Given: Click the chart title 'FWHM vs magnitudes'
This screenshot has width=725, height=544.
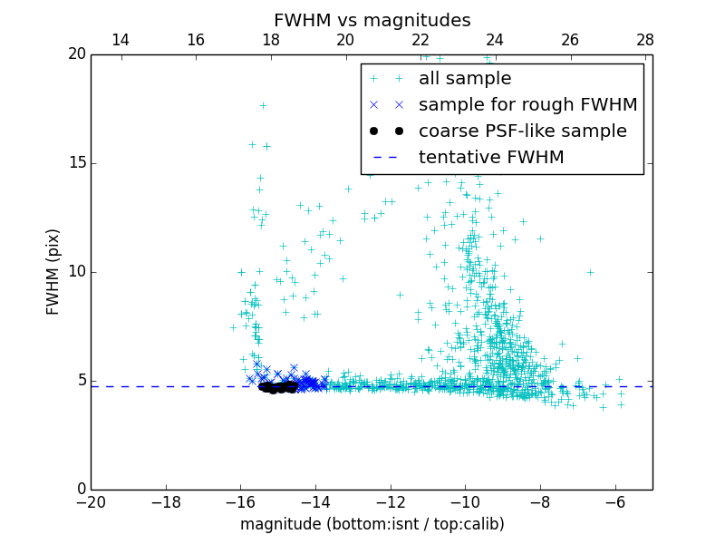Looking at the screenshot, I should [x=372, y=20].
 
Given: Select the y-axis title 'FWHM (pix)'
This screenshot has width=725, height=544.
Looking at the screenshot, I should [x=53, y=271].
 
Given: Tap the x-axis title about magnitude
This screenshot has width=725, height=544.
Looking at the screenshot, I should [x=372, y=524].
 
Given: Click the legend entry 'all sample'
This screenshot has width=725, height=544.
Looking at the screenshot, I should [x=465, y=79].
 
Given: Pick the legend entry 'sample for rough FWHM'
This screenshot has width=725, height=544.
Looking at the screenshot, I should [x=527, y=105].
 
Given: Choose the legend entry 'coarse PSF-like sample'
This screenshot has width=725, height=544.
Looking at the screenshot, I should [x=522, y=131].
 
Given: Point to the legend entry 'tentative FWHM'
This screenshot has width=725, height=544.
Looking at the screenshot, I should [x=491, y=158].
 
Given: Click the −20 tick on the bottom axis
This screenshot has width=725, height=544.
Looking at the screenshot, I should [x=92, y=501].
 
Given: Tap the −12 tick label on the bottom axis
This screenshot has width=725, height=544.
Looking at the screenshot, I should [x=391, y=501].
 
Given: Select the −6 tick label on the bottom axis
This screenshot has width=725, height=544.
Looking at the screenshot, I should [x=615, y=501].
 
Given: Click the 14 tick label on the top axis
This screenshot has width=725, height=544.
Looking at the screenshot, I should [x=120, y=40].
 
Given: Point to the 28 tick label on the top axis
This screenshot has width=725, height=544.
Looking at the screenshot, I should [x=645, y=40].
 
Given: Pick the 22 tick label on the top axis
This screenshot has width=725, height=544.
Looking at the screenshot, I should [x=420, y=40].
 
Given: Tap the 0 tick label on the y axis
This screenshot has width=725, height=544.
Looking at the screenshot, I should [x=80, y=490].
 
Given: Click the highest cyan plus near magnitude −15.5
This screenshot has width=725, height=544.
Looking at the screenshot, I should [x=263, y=105].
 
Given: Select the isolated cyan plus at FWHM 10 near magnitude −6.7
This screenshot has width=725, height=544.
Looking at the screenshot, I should [x=590, y=271].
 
